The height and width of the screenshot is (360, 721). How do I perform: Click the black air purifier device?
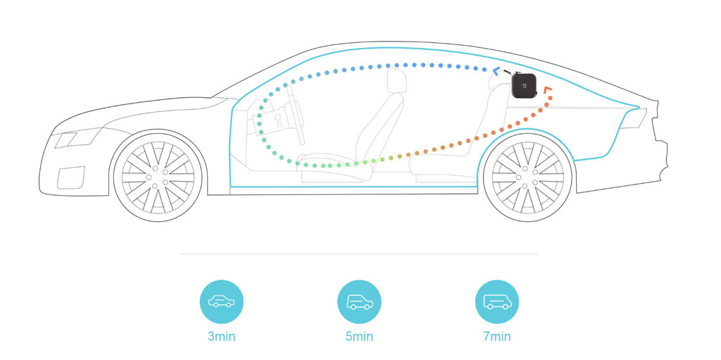(x=524, y=85)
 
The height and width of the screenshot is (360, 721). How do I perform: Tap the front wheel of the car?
(x=158, y=178)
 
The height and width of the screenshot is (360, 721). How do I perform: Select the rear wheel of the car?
(x=527, y=178)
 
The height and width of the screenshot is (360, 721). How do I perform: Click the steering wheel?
(x=294, y=115)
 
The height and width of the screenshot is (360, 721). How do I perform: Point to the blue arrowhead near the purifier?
(x=496, y=70)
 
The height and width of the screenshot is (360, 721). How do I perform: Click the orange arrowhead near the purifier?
(x=548, y=89)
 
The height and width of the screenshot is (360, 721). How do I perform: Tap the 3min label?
(x=221, y=337)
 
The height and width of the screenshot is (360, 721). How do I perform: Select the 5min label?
(x=359, y=337)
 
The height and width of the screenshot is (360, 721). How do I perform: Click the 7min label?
(x=497, y=337)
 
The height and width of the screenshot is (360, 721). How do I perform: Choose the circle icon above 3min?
(x=221, y=302)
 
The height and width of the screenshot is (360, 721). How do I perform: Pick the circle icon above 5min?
(x=359, y=302)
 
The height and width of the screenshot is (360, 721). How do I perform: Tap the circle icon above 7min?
(x=497, y=302)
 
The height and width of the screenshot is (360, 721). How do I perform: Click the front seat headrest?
(x=397, y=80)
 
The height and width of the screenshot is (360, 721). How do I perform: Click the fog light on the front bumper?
(x=71, y=178)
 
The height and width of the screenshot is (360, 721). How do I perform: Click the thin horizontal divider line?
(x=359, y=254)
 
